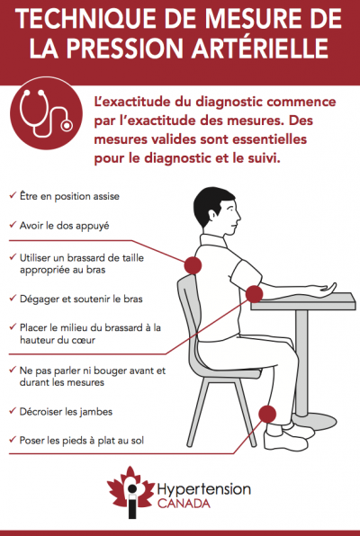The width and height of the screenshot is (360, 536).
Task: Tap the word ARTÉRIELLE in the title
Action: (260, 49)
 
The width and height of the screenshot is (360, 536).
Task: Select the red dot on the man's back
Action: (193, 265)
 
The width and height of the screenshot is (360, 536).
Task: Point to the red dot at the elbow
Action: (255, 294)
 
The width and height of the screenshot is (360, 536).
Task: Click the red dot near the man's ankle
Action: (267, 415)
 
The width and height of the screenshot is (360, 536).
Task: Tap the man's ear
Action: (212, 216)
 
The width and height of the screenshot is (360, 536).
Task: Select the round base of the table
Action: (314, 422)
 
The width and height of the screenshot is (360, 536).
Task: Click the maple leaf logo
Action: (130, 490)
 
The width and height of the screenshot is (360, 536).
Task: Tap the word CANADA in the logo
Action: (184, 504)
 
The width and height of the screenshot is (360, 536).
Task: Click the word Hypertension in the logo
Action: (204, 490)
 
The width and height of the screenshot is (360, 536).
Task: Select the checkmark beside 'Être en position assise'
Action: (13, 195)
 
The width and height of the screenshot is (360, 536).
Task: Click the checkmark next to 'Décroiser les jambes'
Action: (13, 411)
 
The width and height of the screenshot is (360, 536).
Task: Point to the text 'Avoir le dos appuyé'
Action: (64, 226)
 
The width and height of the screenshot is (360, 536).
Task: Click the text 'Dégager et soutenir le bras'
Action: (81, 299)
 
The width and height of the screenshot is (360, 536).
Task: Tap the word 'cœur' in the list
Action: (82, 340)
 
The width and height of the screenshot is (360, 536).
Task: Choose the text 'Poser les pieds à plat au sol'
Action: (82, 441)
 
